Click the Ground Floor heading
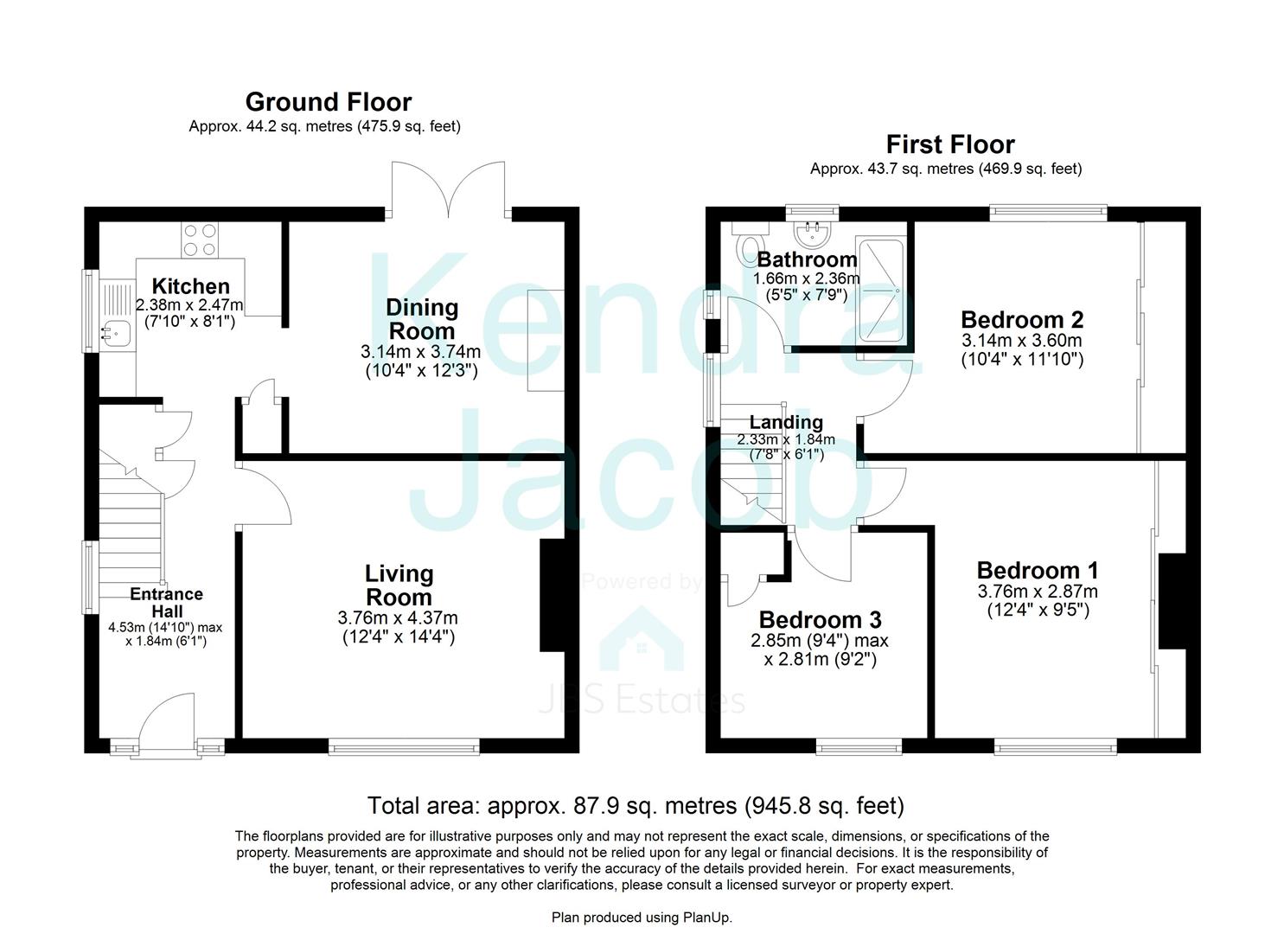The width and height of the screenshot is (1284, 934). (329, 102)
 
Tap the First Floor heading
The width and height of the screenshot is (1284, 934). (949, 144)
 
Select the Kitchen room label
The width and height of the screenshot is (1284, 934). (191, 286)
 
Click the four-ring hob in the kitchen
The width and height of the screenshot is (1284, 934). (200, 240)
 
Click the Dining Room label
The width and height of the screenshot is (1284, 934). (422, 319)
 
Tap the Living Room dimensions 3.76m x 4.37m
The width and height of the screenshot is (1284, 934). (398, 617)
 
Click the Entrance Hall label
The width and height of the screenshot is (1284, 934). (166, 603)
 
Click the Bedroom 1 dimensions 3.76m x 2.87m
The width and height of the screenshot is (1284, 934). (1038, 592)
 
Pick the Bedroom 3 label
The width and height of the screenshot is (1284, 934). (820, 620)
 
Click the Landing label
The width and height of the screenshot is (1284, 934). (785, 422)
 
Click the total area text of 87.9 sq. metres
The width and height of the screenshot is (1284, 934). (636, 806)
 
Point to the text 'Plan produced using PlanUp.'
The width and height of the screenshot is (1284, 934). (642, 917)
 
